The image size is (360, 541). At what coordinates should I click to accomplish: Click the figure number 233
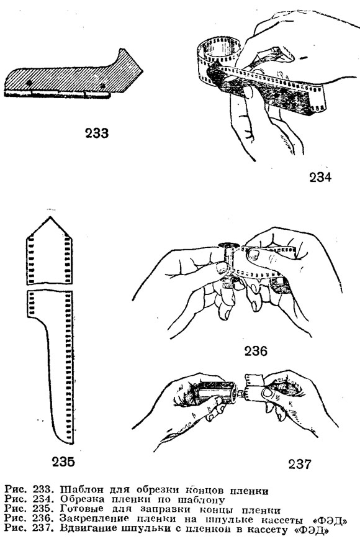pos(97,133)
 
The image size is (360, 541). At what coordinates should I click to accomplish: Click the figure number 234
pos(320,178)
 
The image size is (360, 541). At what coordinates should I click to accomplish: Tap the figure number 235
pos(63,461)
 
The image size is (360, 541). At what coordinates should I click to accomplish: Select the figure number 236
pos(256,351)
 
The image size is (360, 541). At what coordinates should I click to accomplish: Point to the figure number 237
pos(300,464)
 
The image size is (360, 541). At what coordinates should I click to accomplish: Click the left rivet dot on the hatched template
pos(29,83)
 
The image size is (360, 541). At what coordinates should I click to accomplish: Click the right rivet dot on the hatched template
pos(102,86)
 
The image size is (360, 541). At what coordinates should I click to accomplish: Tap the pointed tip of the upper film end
pos(50,217)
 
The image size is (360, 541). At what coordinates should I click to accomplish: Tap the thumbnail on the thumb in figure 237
pos(268,393)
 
